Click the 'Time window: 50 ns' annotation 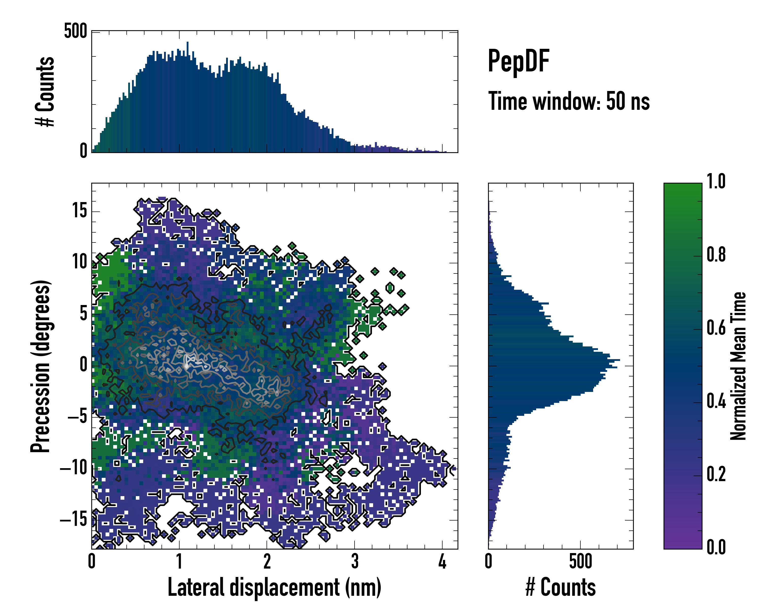(569, 101)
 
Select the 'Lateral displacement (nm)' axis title (274, 587)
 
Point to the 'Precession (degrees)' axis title (41, 366)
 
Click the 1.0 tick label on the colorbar (716, 181)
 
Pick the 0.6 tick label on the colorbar (716, 328)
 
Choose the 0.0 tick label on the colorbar (716, 547)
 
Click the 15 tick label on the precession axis (80, 211)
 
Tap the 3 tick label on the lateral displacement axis (355, 561)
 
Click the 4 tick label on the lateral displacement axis (442, 561)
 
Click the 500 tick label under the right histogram (580, 561)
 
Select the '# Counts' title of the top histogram (45, 91)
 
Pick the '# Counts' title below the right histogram (561, 587)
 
